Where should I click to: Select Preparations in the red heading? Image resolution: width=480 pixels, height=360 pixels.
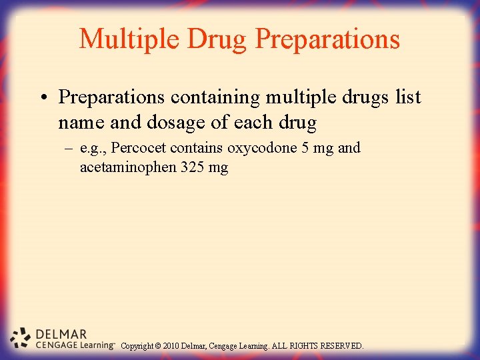pos(328,39)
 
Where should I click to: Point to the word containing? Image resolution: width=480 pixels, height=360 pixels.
pos(215,97)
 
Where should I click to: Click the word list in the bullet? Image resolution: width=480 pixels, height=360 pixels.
pos(408,97)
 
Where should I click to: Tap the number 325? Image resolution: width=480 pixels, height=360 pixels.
pos(191,167)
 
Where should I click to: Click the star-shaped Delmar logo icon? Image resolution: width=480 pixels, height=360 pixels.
pos(21,338)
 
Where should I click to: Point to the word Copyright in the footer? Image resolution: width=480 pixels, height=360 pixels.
pos(137,346)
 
